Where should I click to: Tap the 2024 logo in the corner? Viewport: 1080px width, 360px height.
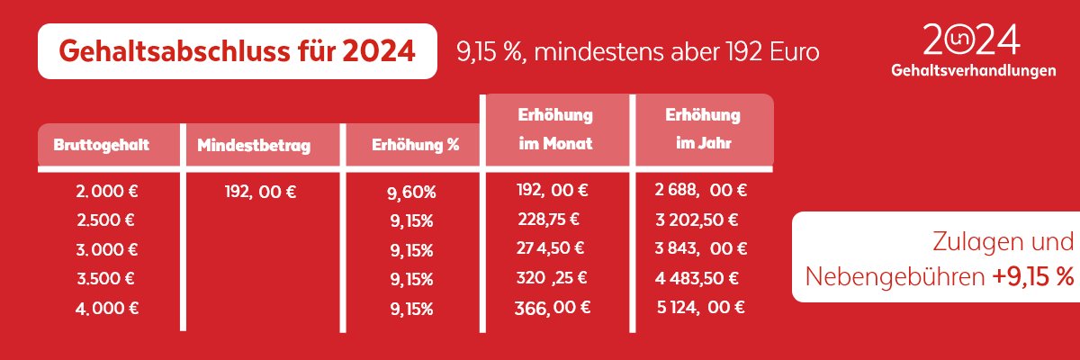[x=972, y=40]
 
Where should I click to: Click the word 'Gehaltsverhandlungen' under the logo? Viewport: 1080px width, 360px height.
[x=972, y=70]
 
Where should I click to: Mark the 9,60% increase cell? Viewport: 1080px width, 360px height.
[x=413, y=193]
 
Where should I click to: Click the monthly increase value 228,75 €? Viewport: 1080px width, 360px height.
[x=548, y=219]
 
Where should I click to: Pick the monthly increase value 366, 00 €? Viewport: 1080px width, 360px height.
[x=553, y=307]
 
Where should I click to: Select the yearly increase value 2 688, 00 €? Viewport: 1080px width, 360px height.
[x=702, y=190]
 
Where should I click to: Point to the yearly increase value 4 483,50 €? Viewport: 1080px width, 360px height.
[x=698, y=277]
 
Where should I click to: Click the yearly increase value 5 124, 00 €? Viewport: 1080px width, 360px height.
[x=700, y=307]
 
